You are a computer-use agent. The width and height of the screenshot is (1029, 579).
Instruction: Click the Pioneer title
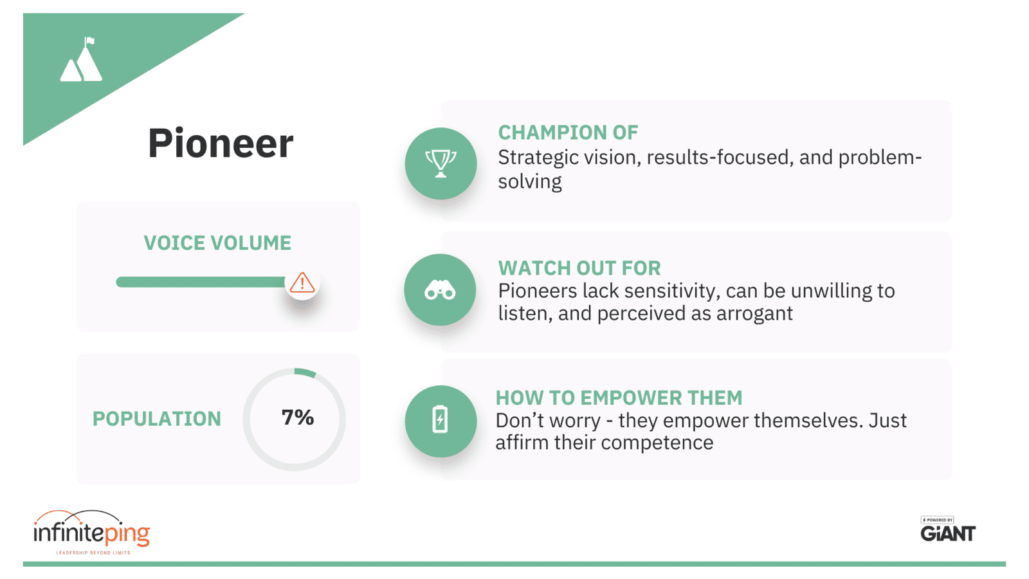221,143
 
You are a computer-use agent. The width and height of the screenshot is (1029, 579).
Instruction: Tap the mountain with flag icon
81,59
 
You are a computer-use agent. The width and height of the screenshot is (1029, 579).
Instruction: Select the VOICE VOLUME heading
217,243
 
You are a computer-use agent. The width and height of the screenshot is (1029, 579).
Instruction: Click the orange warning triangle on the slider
302,282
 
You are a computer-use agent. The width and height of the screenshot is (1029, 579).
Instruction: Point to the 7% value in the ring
298,418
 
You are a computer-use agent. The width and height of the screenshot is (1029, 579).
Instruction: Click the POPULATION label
157,419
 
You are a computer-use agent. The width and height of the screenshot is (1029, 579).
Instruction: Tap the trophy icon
441,163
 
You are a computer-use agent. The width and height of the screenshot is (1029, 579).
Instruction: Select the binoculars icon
440,290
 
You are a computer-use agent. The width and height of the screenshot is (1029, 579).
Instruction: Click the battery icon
440,419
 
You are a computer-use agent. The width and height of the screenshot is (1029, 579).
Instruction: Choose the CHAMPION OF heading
569,133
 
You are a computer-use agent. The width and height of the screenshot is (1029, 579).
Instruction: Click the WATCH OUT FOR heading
579,268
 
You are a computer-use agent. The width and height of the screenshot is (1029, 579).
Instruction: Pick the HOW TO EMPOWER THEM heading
619,398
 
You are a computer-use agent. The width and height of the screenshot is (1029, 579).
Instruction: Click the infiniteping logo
92,531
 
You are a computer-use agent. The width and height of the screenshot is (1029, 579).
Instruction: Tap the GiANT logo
948,533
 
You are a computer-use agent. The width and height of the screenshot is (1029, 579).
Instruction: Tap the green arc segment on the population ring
305,372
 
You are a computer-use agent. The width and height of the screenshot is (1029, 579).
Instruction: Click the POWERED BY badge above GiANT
937,520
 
